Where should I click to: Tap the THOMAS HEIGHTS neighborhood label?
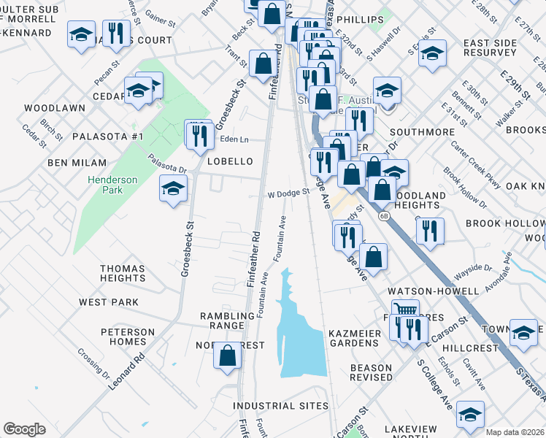tap(123, 273)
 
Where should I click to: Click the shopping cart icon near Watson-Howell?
tap(405, 310)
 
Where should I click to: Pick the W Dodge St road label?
tap(288, 194)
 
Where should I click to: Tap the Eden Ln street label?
tap(234, 139)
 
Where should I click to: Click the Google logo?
tap(24, 429)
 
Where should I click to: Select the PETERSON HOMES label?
tap(128, 337)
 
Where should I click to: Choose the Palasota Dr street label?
tap(167, 163)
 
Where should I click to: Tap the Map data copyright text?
tap(515, 432)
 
